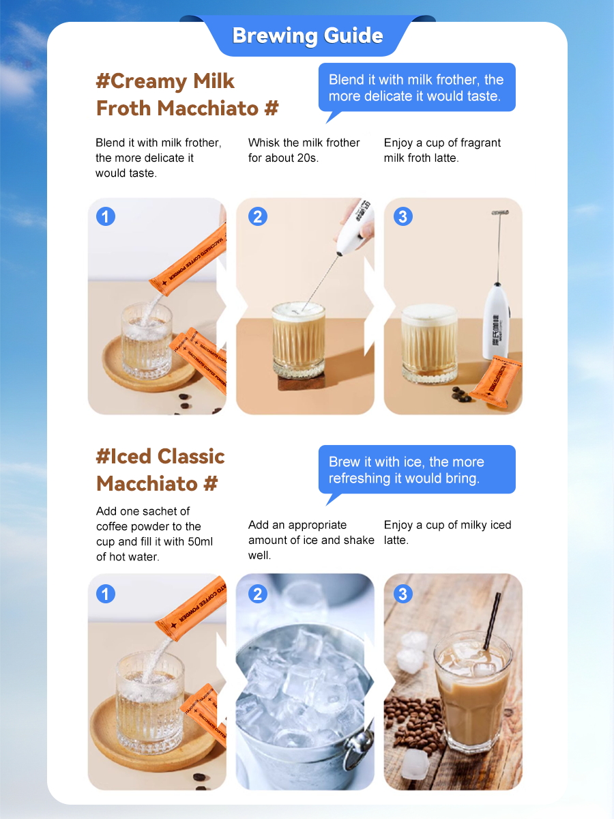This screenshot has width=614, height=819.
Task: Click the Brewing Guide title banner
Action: pos(307,35)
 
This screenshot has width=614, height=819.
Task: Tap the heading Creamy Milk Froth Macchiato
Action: pos(188,95)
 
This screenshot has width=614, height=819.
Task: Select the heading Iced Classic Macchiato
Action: pos(160,470)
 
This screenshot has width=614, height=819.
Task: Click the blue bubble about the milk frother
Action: pos(417,88)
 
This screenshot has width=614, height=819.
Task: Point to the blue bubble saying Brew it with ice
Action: pos(417,470)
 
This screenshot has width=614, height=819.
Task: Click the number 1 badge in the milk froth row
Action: pos(106,216)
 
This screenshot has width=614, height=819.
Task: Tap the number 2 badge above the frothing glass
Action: pos(258,216)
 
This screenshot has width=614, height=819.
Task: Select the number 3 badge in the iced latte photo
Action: pos(403,594)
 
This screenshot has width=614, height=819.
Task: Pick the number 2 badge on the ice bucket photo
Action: pos(258,594)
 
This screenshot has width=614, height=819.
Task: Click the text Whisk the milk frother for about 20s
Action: pos(304,150)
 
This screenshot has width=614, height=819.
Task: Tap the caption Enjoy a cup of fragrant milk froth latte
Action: pos(442,150)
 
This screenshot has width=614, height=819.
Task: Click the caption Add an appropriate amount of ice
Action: pos(311,540)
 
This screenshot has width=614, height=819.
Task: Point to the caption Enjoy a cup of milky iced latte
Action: pos(448,532)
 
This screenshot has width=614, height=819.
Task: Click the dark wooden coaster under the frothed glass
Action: pos(302,382)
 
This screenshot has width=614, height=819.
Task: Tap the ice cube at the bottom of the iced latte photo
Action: pos(415,765)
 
